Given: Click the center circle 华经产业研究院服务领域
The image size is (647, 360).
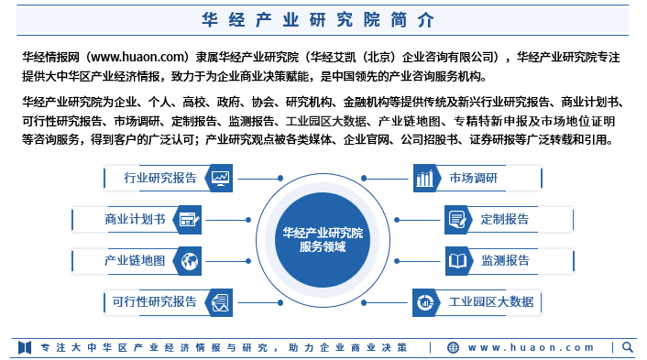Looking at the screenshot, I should coord(323,240).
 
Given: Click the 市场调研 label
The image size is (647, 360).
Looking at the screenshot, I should coord(473,178).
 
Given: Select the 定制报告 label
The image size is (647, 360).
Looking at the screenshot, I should coord(505,220).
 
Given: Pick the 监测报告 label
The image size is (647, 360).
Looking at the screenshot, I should coord(505,261).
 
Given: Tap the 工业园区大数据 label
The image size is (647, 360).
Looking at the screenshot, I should coord(490,301).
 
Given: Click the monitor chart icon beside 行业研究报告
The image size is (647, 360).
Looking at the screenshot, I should coord(220,178).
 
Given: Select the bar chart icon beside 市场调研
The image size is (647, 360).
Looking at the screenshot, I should coord(424,178).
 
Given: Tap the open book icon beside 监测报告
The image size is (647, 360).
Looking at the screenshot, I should coord(456,261).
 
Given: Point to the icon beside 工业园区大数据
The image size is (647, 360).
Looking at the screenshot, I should coord(424,301).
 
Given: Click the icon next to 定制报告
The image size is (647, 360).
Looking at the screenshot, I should coord(456,220).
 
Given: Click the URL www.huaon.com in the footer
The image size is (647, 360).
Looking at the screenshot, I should coord(532,348).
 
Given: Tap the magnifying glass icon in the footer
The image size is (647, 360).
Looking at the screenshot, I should coord(628,348).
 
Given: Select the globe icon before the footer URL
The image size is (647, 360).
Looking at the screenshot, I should coord(454,348).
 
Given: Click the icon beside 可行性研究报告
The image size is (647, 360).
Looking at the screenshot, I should coord(220,301).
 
